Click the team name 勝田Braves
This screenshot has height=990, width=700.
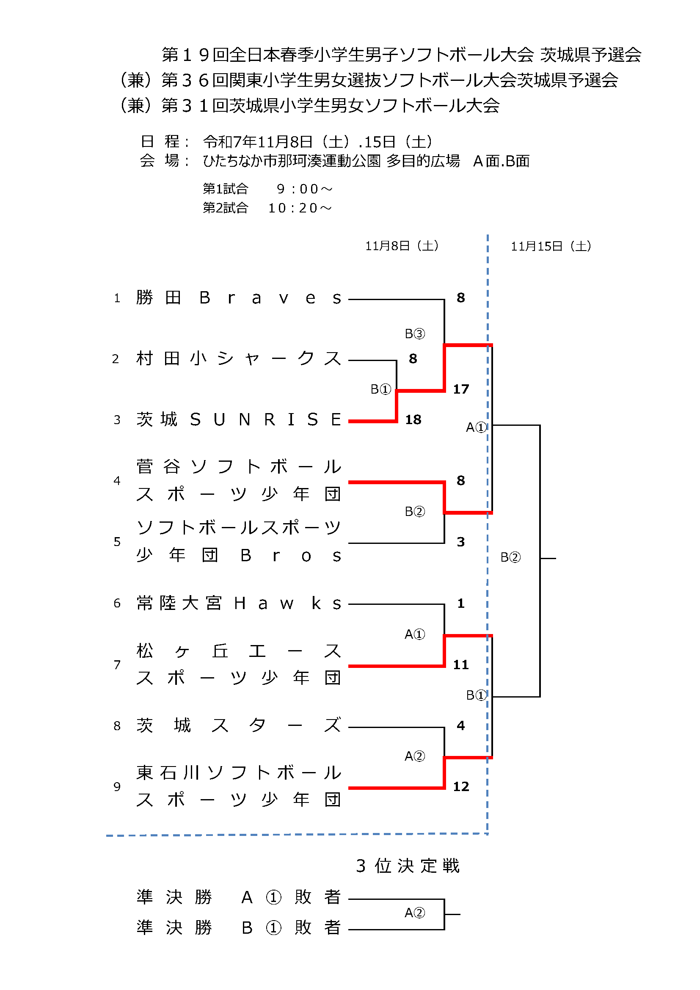pyautogui.click(x=238, y=298)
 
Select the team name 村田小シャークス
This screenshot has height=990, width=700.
pyautogui.click(x=238, y=359)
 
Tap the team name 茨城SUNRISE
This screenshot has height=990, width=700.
pyautogui.click(x=238, y=419)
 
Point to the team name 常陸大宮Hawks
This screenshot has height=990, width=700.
pyautogui.click(x=238, y=603)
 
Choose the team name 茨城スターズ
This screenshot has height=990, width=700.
pyautogui.click(x=238, y=726)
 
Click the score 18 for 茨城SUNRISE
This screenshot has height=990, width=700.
pyautogui.click(x=413, y=419)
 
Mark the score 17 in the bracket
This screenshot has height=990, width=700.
pyautogui.click(x=461, y=389)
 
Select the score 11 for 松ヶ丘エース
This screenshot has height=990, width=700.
pyautogui.click(x=461, y=665)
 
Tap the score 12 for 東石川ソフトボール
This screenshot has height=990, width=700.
pyautogui.click(x=461, y=786)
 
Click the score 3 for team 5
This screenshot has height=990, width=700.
pyautogui.click(x=461, y=542)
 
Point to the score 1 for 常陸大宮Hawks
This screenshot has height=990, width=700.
pyautogui.click(x=461, y=603)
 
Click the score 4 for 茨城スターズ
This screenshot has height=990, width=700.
pyautogui.click(x=461, y=726)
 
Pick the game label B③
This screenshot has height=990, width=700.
pyautogui.click(x=415, y=334)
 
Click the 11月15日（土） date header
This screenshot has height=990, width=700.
pyautogui.click(x=551, y=246)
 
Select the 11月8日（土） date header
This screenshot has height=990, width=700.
pyautogui.click(x=402, y=246)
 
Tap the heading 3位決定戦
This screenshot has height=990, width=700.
pyautogui.click(x=408, y=866)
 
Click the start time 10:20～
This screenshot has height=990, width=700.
pyautogui.click(x=300, y=208)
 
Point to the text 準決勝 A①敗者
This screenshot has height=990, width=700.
pyautogui.click(x=238, y=897)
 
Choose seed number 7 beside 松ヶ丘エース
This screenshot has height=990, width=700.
pyautogui.click(x=117, y=665)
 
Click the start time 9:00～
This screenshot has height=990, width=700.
pyautogui.click(x=304, y=189)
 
